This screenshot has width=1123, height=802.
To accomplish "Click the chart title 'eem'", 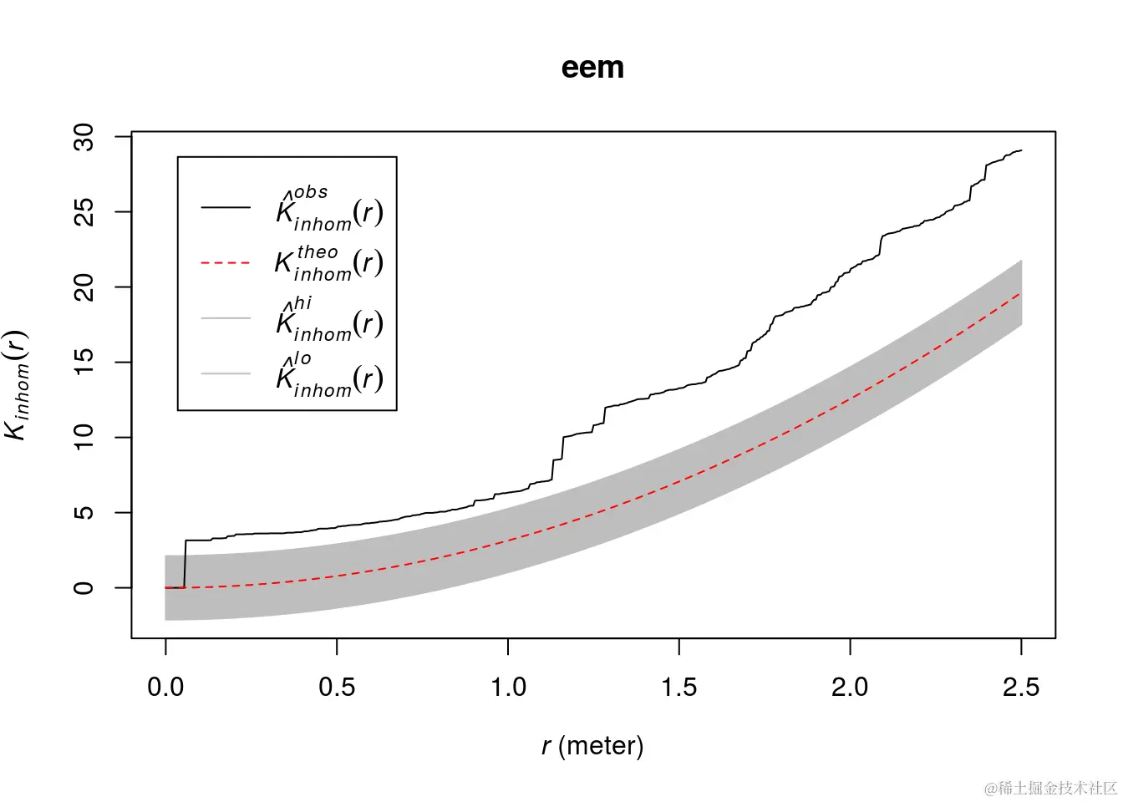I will pos(592,68).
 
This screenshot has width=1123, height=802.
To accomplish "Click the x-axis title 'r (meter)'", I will pos(592,745).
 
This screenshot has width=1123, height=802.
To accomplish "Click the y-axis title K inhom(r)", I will pos(17,384).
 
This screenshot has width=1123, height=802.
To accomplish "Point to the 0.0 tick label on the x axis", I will pos(165,688).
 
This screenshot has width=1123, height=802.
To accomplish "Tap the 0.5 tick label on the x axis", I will pos(337,688).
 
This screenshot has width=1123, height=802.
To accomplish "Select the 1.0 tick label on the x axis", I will pos(508,688).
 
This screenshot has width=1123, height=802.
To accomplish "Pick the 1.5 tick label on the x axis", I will pos(679,688).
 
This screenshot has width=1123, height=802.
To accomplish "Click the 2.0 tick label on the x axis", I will pos(850,688).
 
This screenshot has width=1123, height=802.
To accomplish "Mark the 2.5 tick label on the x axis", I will pos(1021,688).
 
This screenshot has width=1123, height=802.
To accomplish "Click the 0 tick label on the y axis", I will pos(84,588).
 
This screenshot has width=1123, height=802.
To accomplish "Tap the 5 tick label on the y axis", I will pos(84,512).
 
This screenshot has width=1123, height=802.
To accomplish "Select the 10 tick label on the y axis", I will pos(84,437).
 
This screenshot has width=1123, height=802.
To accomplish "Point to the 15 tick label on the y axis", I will pos(84,362).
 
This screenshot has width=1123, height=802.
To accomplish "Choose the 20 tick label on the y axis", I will pos(84,287).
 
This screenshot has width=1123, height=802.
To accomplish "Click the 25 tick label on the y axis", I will pos(84,212).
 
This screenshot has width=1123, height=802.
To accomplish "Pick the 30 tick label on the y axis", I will pos(84,137).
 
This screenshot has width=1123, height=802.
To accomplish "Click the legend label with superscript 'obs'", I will pos(329,210).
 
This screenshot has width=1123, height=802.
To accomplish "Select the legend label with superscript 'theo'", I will pos(329,263).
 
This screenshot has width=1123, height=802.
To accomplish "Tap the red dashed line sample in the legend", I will pos(226,263).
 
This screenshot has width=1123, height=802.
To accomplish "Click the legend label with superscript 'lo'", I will pos(329,375).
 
